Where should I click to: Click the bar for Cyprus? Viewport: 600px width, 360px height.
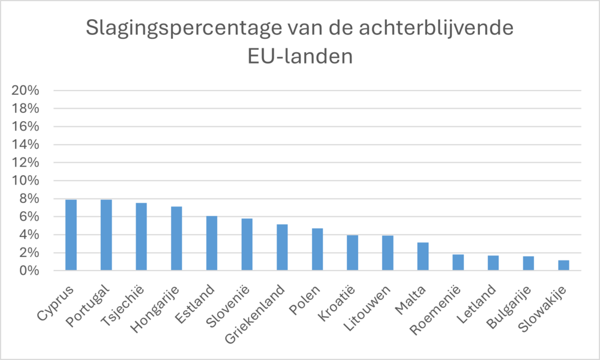pos(71,235)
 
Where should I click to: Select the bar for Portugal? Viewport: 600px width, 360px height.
pos(106,235)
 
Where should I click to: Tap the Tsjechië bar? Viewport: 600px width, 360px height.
pos(141,237)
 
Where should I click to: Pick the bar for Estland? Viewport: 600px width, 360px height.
pos(211,244)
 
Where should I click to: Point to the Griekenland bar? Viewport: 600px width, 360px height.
pos(282,248)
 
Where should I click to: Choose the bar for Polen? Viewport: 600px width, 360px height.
pos(317,250)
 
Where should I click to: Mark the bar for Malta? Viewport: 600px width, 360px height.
pos(423,257)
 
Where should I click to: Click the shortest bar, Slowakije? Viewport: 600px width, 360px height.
pos(563,266)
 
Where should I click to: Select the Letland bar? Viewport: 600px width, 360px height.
pos(493,263)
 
